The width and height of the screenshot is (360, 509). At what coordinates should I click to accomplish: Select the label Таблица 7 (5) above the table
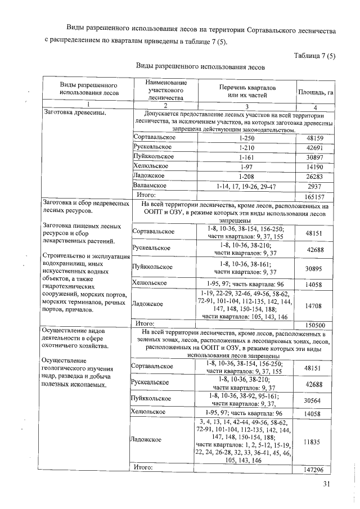[x=314, y=55]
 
